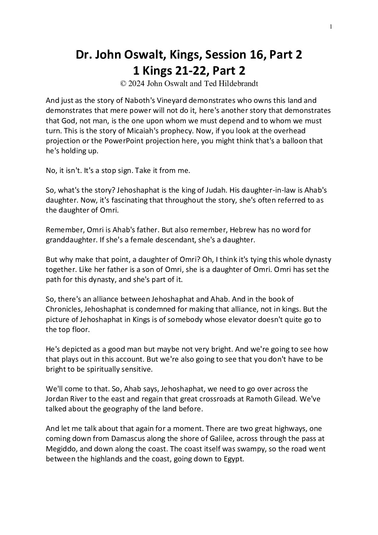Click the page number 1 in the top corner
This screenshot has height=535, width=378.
coord(331,26)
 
